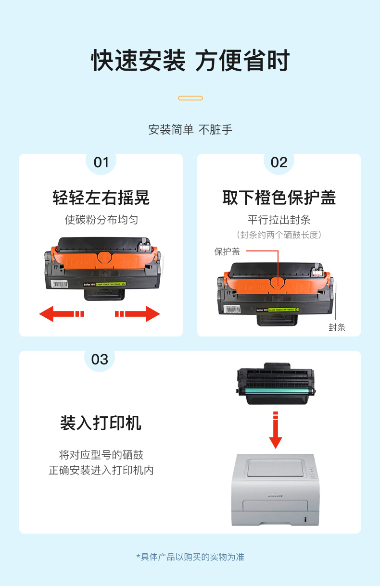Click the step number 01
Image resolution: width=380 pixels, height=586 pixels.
coord(101,162)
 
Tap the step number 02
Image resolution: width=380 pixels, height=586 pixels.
coord(279,162)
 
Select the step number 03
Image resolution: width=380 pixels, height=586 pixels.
coord(100,360)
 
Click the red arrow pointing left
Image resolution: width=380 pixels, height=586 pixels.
coord(62,313)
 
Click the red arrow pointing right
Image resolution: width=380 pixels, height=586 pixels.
coord(138,313)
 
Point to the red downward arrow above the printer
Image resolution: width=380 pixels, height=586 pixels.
coord(276,430)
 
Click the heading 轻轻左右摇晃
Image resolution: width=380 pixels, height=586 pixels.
coord(101,198)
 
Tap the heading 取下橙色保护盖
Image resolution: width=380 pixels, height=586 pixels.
coord(279,198)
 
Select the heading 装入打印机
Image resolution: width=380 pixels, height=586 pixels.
coord(101,423)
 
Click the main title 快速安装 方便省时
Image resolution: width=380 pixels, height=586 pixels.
coord(190,61)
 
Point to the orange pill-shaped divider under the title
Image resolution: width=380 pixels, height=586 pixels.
coord(190,98)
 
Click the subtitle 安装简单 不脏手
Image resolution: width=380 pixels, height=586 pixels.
coord(190,130)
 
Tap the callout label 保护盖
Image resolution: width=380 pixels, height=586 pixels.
coord(227,252)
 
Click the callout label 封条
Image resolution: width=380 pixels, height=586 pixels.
coord(337,327)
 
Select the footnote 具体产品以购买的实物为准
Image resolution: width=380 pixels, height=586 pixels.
coord(192,557)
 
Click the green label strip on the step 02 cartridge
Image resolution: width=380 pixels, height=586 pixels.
coord(283,310)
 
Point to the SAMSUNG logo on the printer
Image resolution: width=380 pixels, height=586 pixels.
coord(275,496)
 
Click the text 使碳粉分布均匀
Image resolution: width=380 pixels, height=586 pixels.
coord(101,220)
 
